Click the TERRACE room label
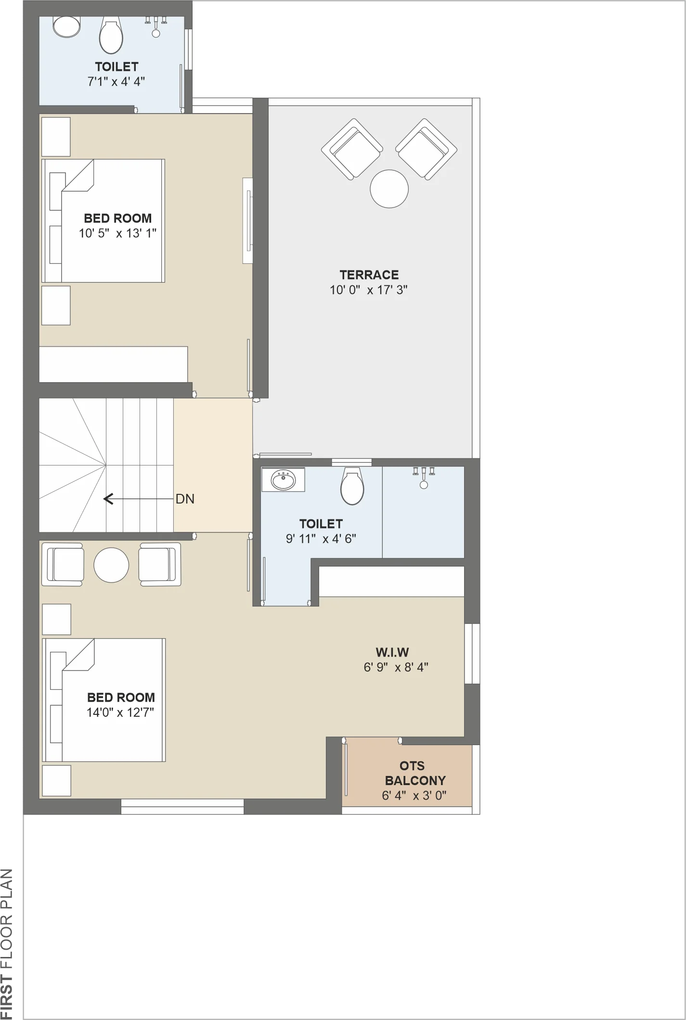tap(369, 275)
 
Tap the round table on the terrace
tap(389, 189)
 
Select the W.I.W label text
tap(392, 652)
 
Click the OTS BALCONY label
tap(414, 773)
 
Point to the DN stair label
tap(185, 499)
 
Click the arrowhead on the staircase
tap(108, 499)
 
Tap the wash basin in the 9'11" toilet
tap(283, 479)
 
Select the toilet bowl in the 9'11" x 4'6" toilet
tap(352, 486)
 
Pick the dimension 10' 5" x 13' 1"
tap(117, 233)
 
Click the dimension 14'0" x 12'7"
tap(120, 712)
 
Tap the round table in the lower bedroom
tap(111, 565)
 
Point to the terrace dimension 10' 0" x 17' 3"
tap(369, 290)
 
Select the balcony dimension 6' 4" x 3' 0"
tap(414, 796)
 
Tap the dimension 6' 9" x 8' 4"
tap(396, 667)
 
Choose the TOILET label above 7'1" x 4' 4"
tap(116, 66)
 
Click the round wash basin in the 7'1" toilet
tap(66, 27)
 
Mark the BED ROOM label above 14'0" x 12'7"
tap(121, 697)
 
